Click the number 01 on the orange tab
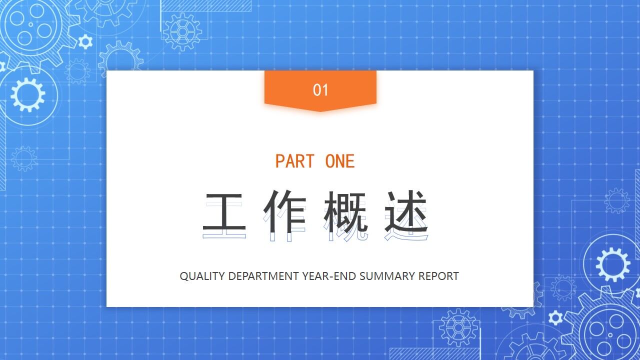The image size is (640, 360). pyautogui.click(x=320, y=90)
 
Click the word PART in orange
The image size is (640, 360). pyautogui.click(x=295, y=161)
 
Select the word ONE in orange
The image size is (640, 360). pyautogui.click(x=340, y=161)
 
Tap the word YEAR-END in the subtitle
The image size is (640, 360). pyautogui.click(x=329, y=276)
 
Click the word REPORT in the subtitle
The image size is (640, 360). pyautogui.click(x=438, y=276)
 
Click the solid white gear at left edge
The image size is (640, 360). pyautogui.click(x=27, y=94)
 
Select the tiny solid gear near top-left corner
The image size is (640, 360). pyautogui.click(x=85, y=41)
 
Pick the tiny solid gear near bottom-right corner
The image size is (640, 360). pyautogui.click(x=555, y=317)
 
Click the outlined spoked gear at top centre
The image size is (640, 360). pyautogui.click(x=182, y=32)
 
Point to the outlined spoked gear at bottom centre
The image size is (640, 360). pyautogui.click(x=458, y=328)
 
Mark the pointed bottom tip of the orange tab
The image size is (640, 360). pyautogui.click(x=320, y=110)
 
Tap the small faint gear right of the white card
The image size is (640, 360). pyautogui.click(x=617, y=201)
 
